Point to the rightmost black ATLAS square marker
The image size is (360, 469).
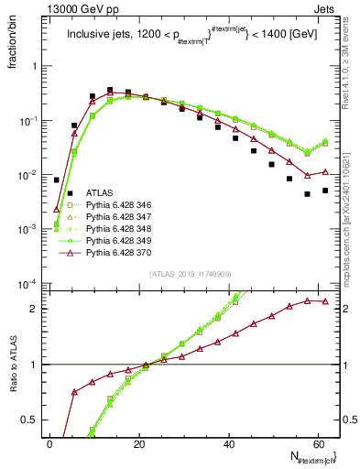[x=325, y=191]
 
